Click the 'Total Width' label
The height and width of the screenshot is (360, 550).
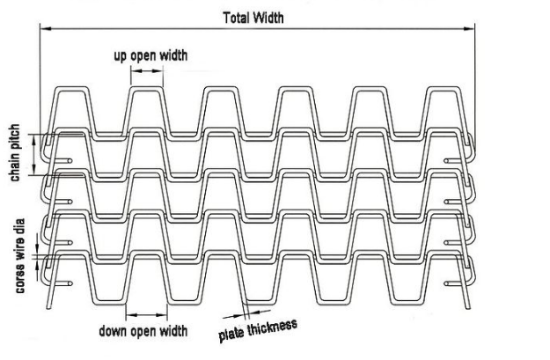coord(253,18)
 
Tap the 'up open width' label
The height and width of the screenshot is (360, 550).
coord(150,55)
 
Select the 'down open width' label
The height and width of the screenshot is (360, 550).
coord(143,331)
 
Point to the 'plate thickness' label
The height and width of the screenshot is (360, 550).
coord(258,330)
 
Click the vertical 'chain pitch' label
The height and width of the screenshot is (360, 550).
coord(15,153)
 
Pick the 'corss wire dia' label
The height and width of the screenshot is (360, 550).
coord(19,256)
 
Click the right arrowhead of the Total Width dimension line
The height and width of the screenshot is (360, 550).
coord(469,29)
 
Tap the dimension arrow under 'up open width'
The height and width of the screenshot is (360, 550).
coord(147,71)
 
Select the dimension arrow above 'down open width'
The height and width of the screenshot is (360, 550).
coord(147,315)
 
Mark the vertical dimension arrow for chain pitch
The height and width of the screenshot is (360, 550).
coord(34,155)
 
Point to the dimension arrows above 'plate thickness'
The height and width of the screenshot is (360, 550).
coord(246,313)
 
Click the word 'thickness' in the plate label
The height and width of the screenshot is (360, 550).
coord(273,327)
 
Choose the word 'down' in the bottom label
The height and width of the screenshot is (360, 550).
coord(114,331)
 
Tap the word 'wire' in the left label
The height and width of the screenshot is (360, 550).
coord(19,251)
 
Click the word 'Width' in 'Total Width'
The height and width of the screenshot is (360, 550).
coord(268,18)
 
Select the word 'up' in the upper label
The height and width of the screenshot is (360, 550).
coord(121,57)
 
